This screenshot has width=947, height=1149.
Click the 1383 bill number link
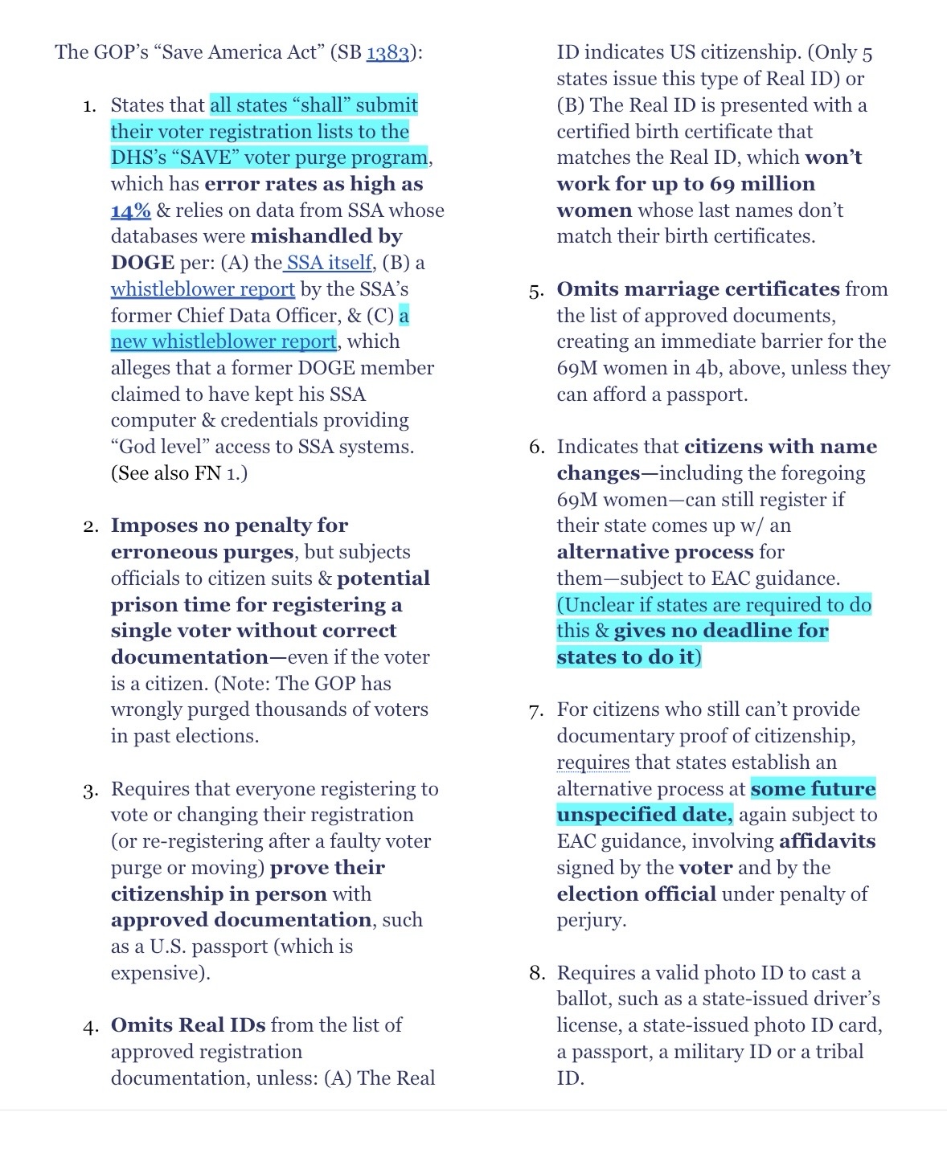(x=387, y=53)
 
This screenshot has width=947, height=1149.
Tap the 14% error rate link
(x=130, y=211)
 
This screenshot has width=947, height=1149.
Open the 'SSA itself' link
(x=329, y=263)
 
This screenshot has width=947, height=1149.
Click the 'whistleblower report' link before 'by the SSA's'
(x=203, y=289)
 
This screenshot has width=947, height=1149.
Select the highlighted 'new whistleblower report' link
(x=223, y=341)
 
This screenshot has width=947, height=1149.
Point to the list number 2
(x=90, y=526)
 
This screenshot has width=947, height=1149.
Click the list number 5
(x=536, y=291)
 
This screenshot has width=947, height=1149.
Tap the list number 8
(x=536, y=974)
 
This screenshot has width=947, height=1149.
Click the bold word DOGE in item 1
(x=142, y=263)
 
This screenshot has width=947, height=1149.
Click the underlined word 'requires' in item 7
(x=592, y=763)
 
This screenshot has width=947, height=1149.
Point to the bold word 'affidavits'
(x=826, y=841)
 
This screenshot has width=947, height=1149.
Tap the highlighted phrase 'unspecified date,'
(x=644, y=815)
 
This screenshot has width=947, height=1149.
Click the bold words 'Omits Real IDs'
(x=188, y=1025)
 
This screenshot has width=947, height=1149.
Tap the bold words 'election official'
(x=636, y=894)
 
